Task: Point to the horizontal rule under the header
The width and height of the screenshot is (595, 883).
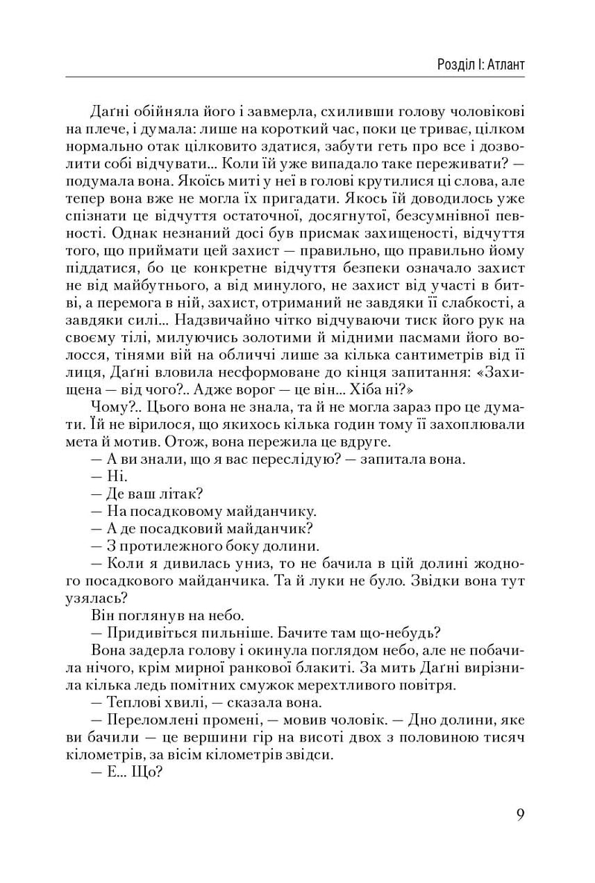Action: click(x=297, y=77)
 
